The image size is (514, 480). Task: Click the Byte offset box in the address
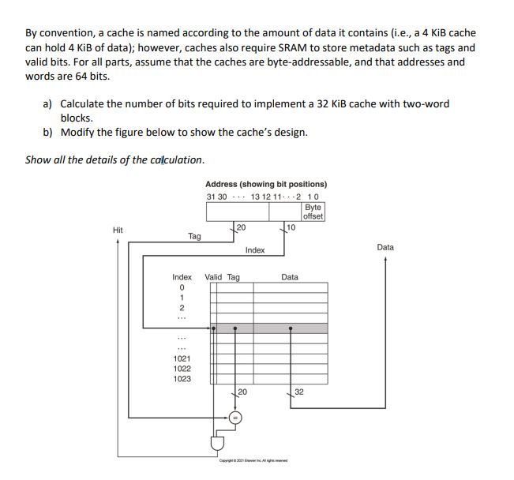click(313, 212)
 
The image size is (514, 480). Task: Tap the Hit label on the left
click(118, 230)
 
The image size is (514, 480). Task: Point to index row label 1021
click(182, 358)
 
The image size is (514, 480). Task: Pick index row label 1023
click(182, 379)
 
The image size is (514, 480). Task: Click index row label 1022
click(182, 369)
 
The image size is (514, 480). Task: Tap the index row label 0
click(182, 287)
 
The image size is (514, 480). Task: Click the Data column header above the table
click(290, 277)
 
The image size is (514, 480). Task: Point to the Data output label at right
click(385, 247)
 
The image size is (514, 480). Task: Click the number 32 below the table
click(299, 392)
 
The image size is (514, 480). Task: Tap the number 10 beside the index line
click(291, 227)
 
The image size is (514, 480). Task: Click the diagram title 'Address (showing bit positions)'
click(265, 184)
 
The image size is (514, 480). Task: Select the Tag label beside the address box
click(194, 235)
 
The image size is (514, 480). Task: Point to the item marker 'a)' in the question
click(47, 104)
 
